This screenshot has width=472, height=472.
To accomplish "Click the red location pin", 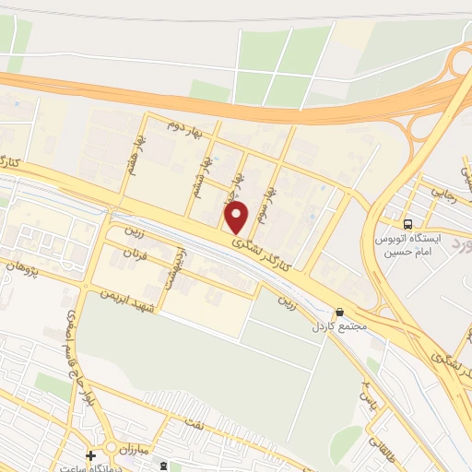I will [x=237, y=218].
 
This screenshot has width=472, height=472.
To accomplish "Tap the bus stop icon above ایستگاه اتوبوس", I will [x=407, y=223].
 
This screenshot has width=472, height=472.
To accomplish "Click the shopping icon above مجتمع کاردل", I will [x=340, y=313].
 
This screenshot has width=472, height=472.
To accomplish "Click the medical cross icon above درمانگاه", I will [x=90, y=455].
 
